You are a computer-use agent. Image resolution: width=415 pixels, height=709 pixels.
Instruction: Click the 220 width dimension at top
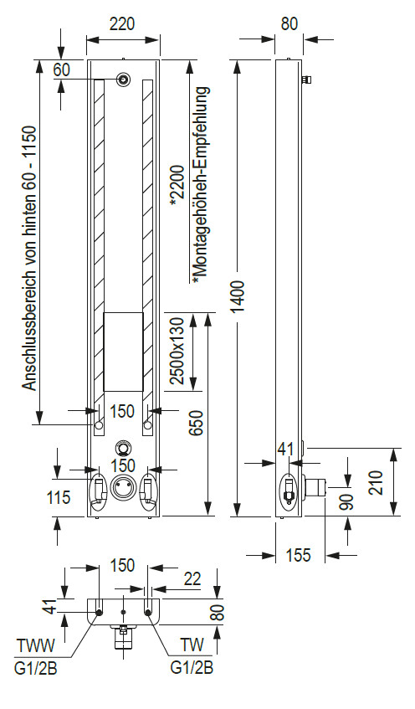click(122, 23)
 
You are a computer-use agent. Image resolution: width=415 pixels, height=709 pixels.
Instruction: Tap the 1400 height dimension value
click(238, 296)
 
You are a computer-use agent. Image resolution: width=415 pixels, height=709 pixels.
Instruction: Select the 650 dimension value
click(196, 423)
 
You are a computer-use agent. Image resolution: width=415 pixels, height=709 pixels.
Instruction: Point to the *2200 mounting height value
click(177, 185)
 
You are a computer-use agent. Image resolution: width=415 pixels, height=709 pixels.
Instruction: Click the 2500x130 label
click(177, 351)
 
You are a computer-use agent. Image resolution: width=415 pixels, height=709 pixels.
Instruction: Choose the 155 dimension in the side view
click(299, 554)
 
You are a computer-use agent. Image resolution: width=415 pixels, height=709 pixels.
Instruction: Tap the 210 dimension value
click(376, 482)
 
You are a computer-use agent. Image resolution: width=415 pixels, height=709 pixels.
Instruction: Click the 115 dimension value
click(59, 497)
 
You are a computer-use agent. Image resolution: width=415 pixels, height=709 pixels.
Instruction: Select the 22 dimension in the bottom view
click(192, 578)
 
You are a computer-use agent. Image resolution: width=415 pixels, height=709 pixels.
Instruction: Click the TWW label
click(36, 645)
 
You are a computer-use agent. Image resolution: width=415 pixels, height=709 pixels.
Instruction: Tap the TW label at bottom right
click(192, 645)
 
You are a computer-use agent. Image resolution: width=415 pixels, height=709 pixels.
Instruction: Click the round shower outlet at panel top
click(123, 80)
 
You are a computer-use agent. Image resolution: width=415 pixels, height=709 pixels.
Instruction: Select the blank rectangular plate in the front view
click(124, 352)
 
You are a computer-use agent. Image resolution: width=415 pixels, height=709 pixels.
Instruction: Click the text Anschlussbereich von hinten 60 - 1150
click(31, 258)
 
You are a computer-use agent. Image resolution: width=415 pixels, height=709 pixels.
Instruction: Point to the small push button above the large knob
click(123, 447)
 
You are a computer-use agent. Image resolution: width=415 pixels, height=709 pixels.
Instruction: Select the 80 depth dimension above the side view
click(289, 23)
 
